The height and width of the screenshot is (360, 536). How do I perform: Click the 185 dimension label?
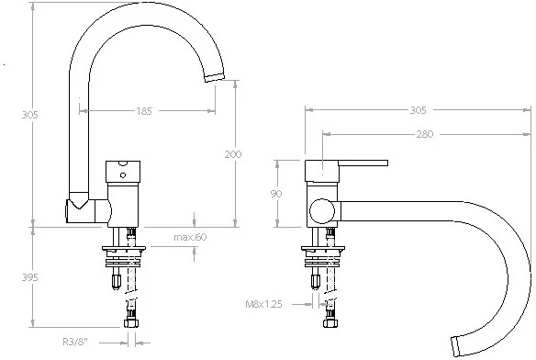144,111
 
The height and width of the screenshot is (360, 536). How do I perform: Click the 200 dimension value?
233,154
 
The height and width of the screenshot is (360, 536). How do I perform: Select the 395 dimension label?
29,277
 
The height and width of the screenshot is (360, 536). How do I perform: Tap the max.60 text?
190,237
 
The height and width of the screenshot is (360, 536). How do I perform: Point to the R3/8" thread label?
75,342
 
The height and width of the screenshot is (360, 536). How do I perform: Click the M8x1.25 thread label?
264,304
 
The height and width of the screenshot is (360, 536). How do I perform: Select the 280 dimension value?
425,134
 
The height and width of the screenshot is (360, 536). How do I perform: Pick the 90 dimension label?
276,194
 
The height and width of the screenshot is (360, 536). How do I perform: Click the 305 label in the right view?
419,110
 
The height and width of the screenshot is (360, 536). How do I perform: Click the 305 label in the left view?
29,115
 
